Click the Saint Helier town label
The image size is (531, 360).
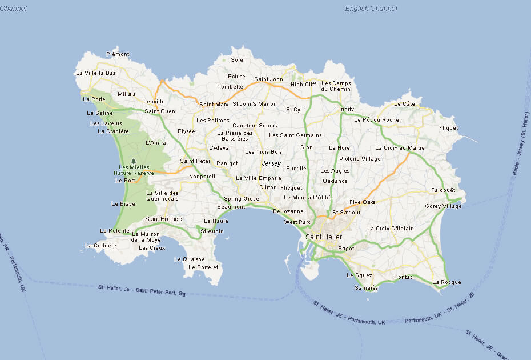coord(324,237)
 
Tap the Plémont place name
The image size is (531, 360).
coord(118,54)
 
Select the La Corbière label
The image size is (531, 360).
coord(100,246)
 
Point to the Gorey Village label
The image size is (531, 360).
coord(443,206)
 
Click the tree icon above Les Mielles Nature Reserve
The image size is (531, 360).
coord(134,161)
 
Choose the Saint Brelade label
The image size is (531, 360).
coord(163,219)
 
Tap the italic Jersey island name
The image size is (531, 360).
coord(271,164)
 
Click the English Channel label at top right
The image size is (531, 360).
coord(371,9)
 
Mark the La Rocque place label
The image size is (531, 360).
coord(446,282)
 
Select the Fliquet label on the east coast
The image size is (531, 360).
coord(448,128)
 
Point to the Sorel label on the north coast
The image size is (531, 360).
coord(238,60)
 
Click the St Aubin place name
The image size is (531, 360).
coord(212,231)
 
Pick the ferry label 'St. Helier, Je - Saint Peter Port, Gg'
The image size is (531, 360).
coord(142,290)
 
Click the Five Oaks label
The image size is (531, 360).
coord(363,202)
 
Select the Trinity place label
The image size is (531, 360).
coord(345,109)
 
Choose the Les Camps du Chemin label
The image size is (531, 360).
coord(336,86)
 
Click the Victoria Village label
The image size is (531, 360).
coord(360,159)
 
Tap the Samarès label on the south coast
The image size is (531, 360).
coord(367,288)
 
